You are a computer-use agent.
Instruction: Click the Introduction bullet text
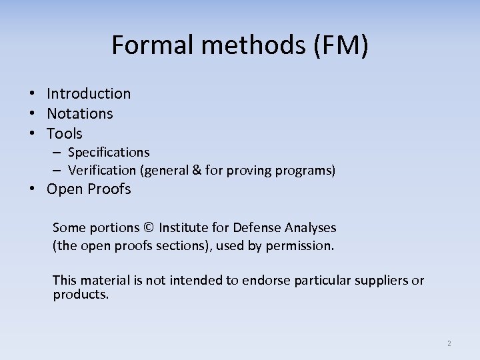89,94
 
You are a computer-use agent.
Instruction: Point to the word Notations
80,114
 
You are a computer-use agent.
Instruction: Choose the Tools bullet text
65,134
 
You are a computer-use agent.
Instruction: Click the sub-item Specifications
109,153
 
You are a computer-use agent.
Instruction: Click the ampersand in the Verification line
196,171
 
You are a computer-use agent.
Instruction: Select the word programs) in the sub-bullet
307,171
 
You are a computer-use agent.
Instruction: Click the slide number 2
449,343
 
